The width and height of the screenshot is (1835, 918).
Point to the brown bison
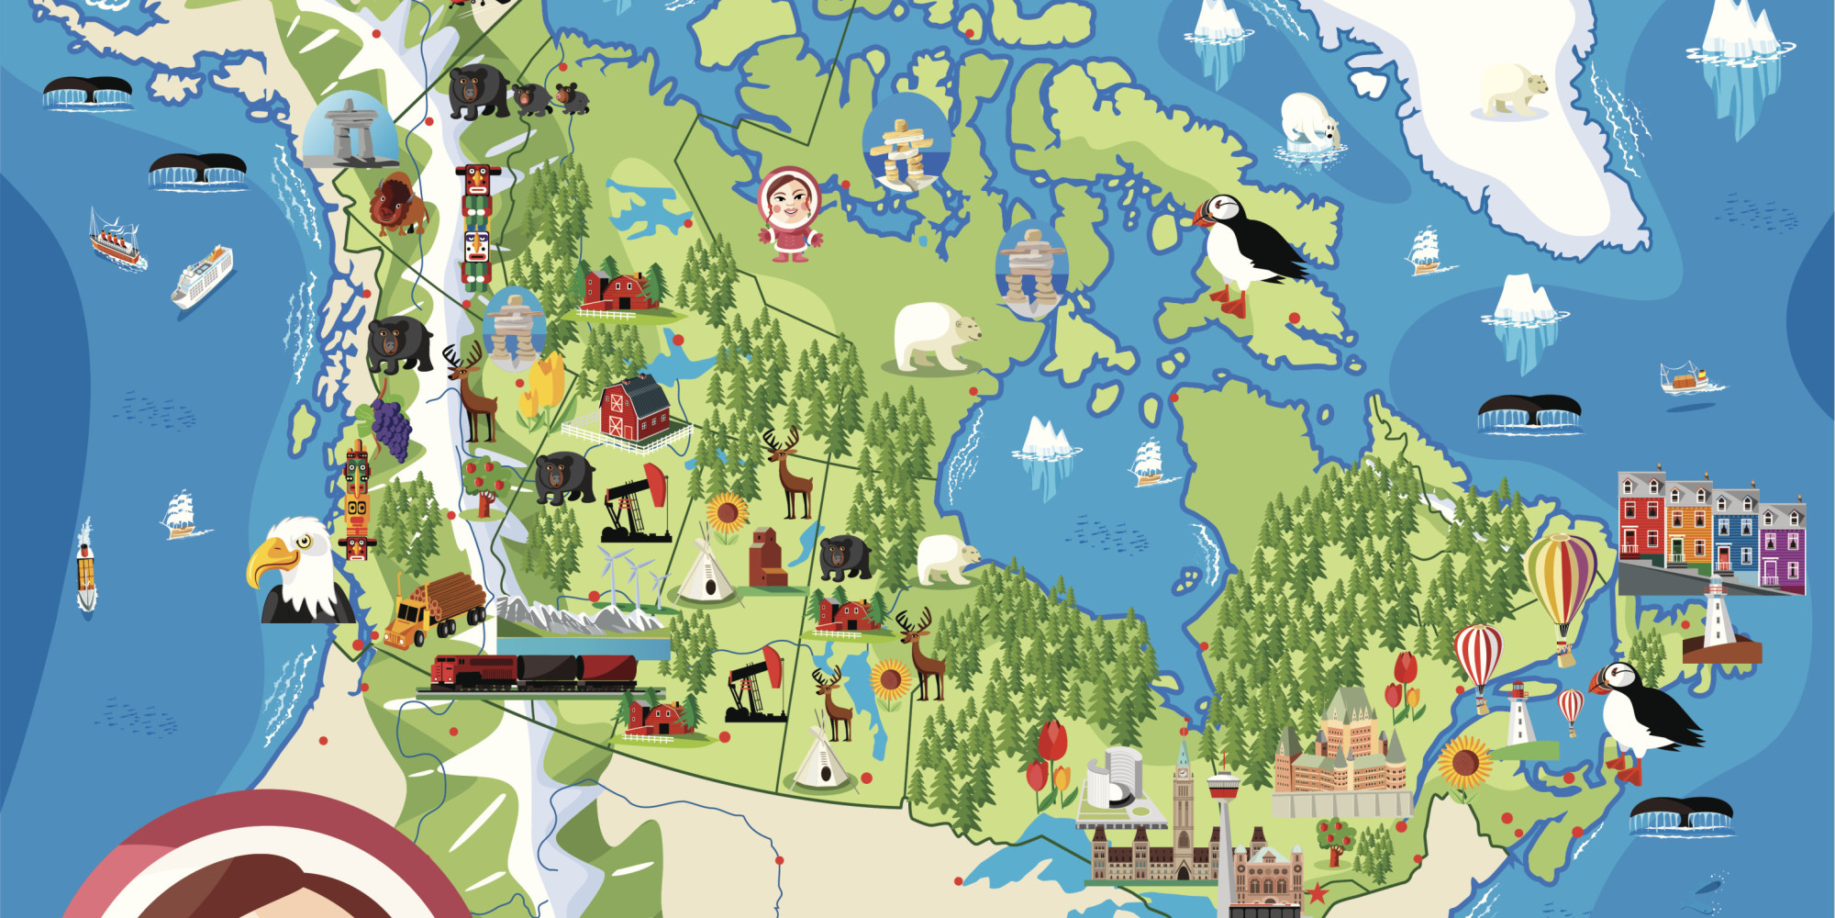[x=397, y=204]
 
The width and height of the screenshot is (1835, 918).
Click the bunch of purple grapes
[x=390, y=430]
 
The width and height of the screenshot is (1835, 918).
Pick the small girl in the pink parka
[x=788, y=214]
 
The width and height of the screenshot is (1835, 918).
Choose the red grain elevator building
[x=767, y=557]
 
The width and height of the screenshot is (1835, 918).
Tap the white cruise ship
[x=203, y=274]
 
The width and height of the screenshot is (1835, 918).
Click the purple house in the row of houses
[x=1782, y=547]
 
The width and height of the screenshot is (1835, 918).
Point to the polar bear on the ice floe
[x=1310, y=121]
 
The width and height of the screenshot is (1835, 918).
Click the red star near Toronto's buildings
[x=1318, y=891]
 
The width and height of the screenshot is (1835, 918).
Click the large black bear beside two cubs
[x=478, y=92]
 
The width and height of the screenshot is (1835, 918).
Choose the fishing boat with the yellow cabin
[x=1687, y=377]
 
